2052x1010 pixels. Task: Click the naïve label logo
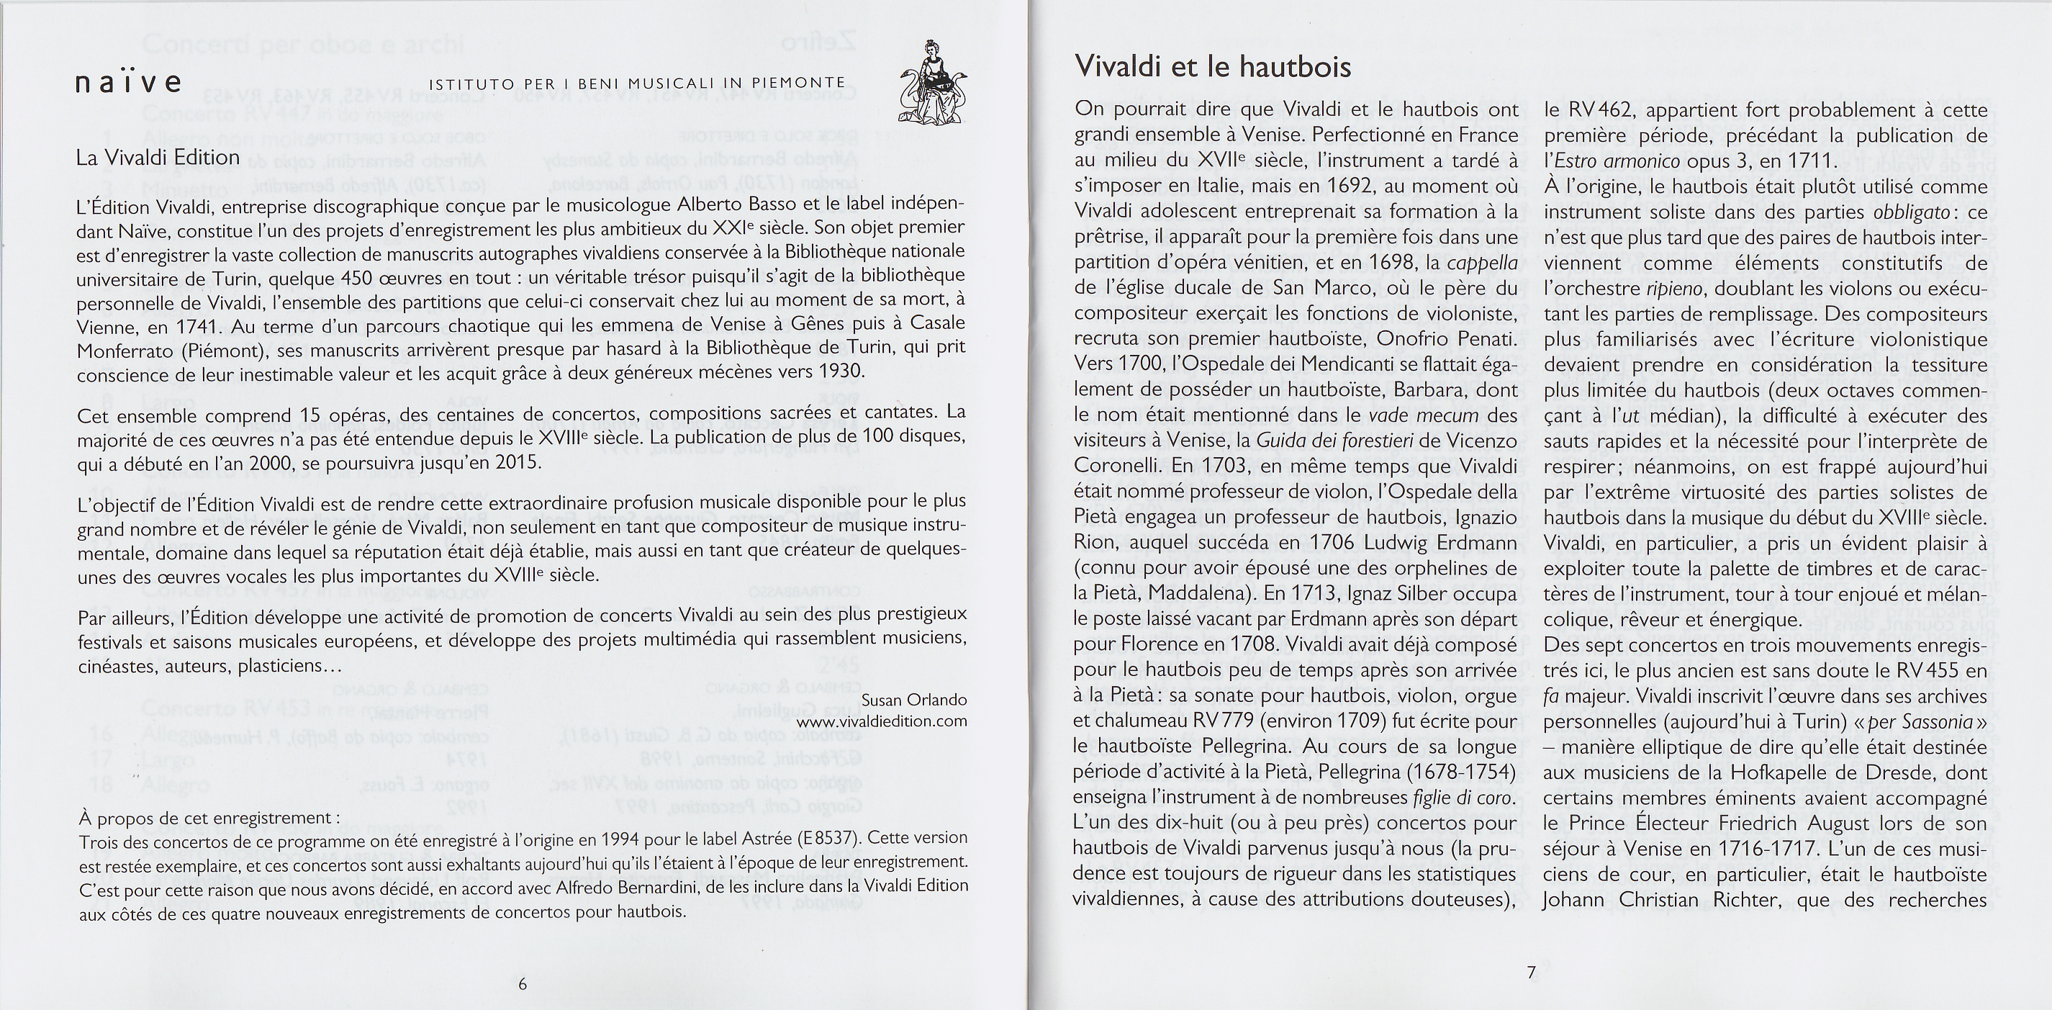pos(128,82)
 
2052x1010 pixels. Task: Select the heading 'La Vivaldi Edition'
pos(158,157)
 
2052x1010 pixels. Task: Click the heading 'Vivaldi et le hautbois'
pos(1212,66)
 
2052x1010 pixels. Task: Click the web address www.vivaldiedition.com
pos(882,721)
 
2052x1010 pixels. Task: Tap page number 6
pos(523,983)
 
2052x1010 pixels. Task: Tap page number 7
pos(1530,972)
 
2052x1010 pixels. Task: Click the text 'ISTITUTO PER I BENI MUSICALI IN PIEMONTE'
pos(637,83)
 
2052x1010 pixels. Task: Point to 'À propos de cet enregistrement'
pos(207,818)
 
